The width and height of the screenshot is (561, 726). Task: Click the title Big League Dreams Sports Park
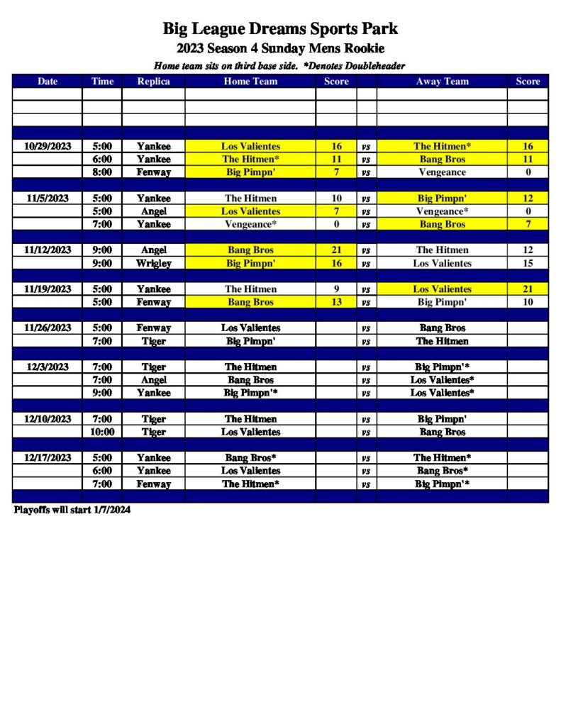(280, 29)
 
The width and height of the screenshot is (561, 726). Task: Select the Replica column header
(153, 82)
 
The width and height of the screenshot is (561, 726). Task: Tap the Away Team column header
(442, 82)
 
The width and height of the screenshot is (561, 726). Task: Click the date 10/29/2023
(48, 147)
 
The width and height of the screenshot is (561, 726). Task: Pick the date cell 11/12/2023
(48, 250)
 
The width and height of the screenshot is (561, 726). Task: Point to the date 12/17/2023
(48, 458)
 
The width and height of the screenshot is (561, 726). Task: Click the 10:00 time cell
(102, 432)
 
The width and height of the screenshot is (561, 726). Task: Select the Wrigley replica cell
(153, 264)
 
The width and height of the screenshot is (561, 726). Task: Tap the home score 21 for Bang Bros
(336, 250)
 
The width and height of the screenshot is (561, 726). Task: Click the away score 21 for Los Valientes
(528, 289)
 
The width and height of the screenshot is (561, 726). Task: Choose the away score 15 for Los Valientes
(528, 264)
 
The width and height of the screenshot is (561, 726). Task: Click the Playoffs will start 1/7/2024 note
(72, 510)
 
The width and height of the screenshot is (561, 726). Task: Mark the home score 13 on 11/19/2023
(336, 303)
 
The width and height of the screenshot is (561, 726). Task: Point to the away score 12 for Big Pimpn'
(528, 199)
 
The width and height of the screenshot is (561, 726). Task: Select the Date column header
(48, 82)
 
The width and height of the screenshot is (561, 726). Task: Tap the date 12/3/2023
(48, 367)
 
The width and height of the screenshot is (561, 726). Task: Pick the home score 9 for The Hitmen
(336, 289)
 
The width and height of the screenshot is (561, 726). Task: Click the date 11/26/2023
(48, 328)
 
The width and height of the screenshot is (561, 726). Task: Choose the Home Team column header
(250, 82)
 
